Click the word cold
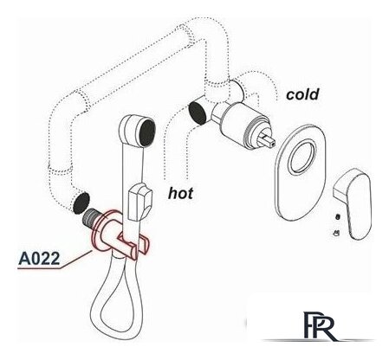click(302, 94)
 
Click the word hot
click(180, 193)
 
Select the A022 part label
click(39, 259)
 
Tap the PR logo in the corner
click(320, 326)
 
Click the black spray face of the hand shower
click(147, 133)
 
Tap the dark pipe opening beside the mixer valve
click(197, 113)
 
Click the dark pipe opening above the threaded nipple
click(81, 203)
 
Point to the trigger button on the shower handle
click(139, 201)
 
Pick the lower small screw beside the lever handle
click(337, 233)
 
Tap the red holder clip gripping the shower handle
click(133, 245)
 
